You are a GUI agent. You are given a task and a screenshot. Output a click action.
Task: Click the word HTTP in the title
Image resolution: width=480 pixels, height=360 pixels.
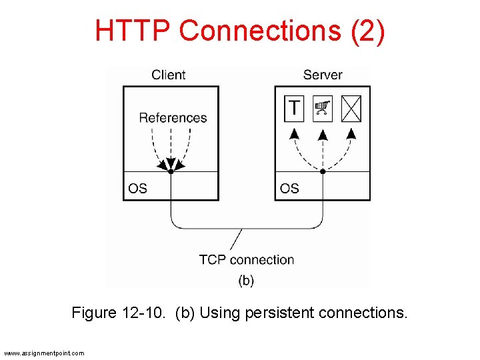pos(133,31)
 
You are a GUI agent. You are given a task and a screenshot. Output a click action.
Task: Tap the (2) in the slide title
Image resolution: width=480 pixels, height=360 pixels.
pos(367,31)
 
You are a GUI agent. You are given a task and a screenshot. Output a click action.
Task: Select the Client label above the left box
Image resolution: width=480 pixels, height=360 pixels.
pos(168,75)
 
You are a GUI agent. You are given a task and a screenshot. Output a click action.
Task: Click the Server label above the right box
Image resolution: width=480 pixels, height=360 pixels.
pos(323,75)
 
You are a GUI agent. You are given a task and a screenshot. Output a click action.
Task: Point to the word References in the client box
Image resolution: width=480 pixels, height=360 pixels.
pos(173,118)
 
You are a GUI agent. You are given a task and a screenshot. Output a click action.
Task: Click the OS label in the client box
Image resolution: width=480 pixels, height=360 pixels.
pos(137,189)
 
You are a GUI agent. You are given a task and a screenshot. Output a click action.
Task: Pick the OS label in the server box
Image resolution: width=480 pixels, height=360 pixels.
pos(289,189)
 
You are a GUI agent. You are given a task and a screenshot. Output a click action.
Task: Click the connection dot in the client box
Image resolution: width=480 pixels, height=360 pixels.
pos(171,171)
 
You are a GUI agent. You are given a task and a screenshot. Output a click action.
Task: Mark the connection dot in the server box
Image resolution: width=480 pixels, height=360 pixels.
pos(323,171)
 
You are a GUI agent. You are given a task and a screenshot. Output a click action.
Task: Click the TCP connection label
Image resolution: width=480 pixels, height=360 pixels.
pos(246,259)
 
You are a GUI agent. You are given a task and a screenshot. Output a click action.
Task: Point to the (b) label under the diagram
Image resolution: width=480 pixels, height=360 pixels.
pos(246,280)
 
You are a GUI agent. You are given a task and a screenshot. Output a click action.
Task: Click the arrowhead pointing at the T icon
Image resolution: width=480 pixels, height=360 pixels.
pos(293,134)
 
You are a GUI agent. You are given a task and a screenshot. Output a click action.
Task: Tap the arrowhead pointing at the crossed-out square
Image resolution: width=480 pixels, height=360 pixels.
pos(351,134)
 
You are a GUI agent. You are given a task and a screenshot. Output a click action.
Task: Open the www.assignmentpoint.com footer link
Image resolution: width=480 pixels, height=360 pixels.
pos(44,353)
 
